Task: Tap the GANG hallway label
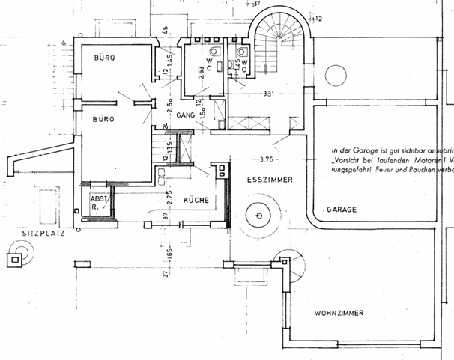[x=187, y=116]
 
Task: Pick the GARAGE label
[x=341, y=210]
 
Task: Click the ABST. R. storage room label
[x=98, y=204]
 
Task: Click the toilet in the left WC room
[x=215, y=52]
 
